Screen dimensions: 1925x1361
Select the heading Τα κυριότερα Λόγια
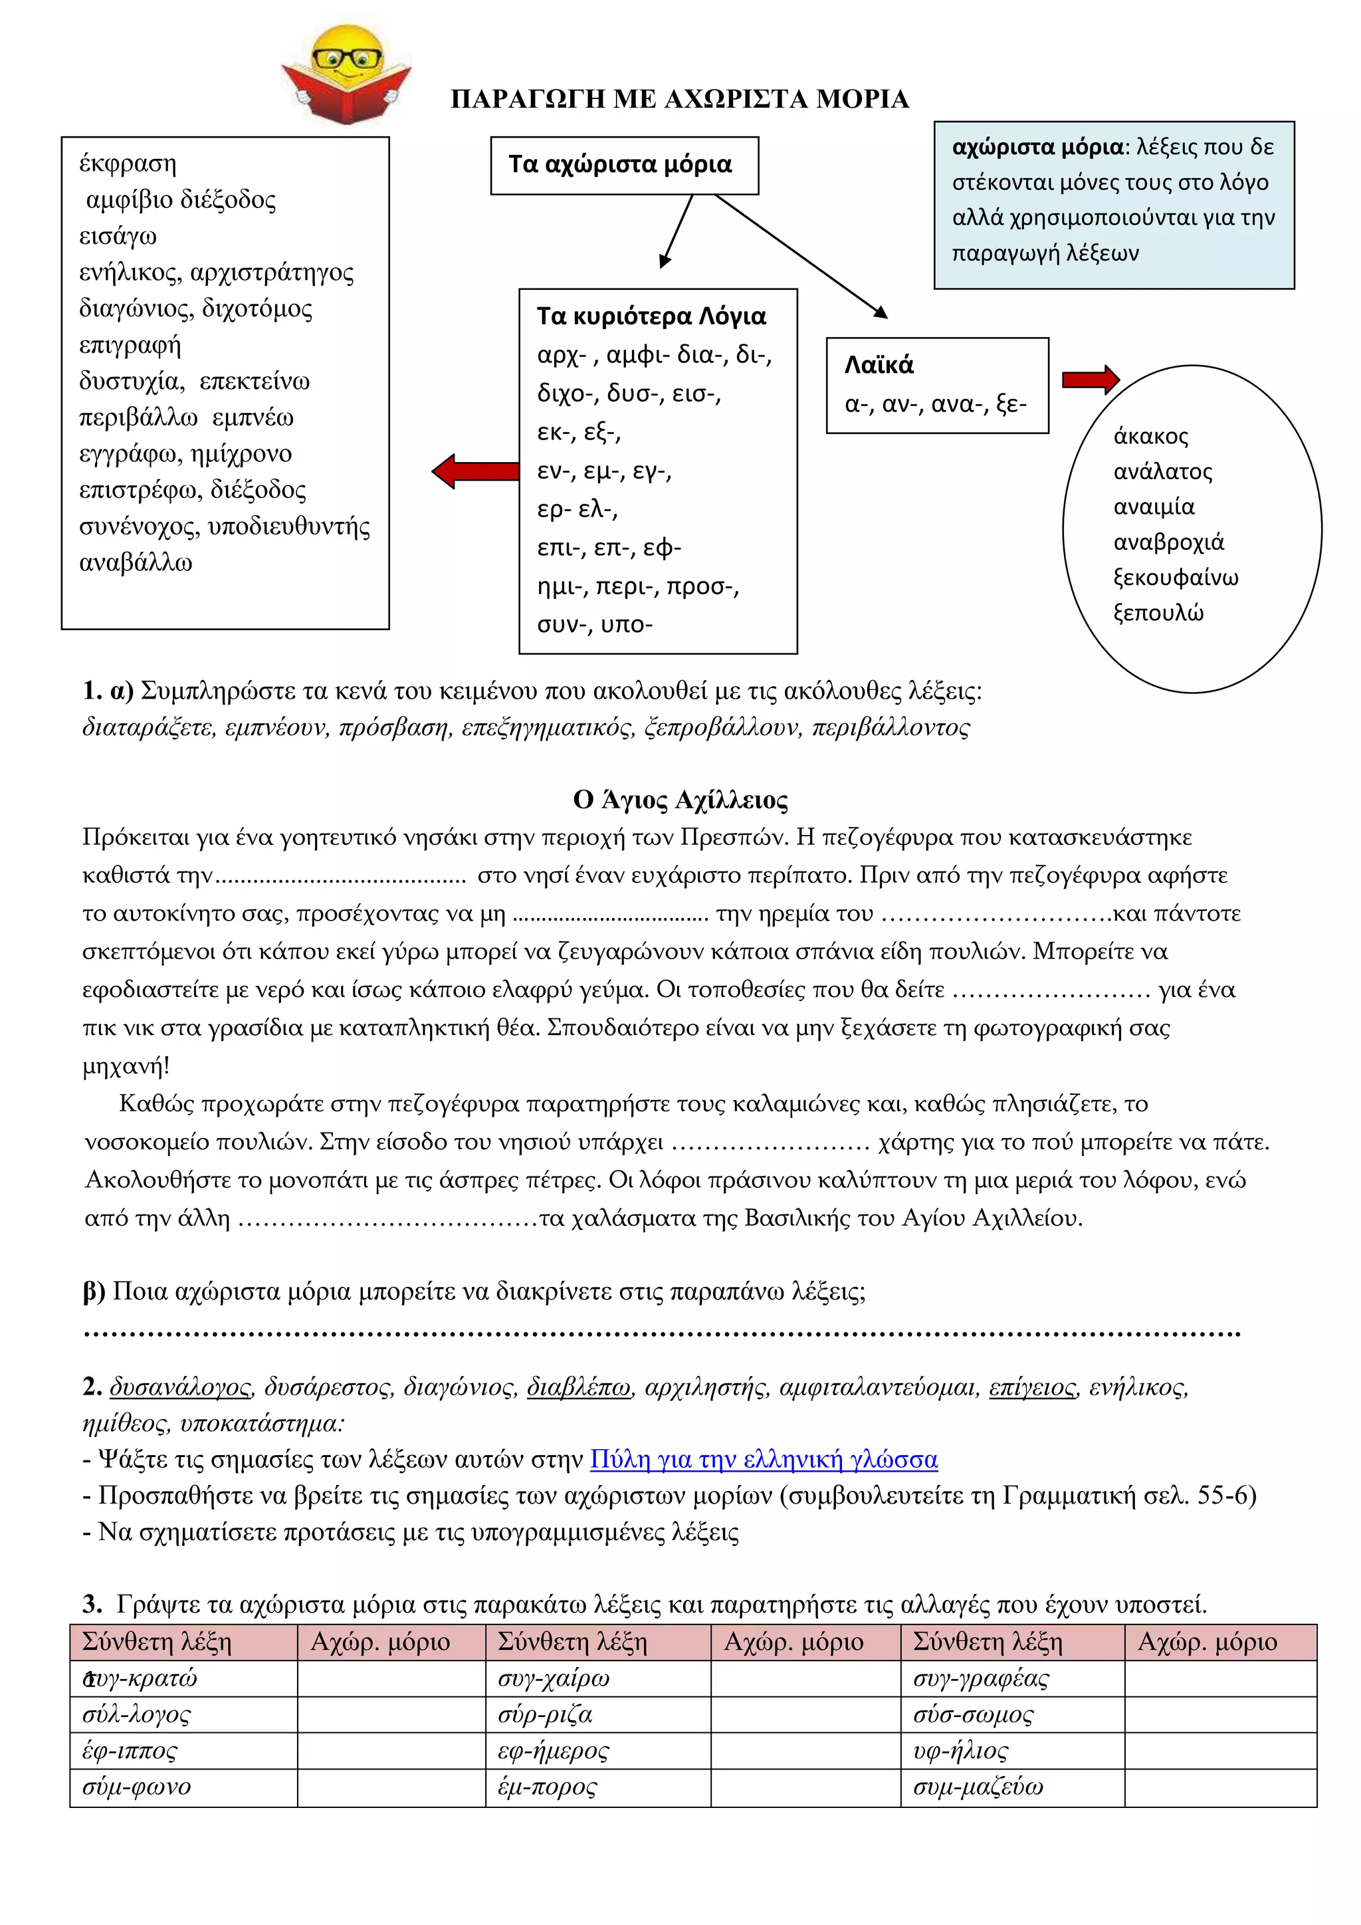tap(651, 316)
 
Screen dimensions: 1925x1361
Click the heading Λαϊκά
tap(879, 365)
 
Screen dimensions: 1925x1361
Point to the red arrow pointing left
tap(475, 471)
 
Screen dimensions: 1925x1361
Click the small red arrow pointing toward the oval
tap(1089, 380)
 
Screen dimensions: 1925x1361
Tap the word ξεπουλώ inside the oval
tap(1158, 613)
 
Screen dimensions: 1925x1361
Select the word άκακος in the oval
tap(1150, 436)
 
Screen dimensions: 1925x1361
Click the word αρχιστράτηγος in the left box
tap(272, 273)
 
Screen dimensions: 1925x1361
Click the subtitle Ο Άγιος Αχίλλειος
tap(680, 800)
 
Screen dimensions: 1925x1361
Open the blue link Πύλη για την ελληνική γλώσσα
tap(764, 1460)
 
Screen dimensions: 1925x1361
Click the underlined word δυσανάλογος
tap(180, 1387)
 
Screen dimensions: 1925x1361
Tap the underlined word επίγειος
tap(1031, 1387)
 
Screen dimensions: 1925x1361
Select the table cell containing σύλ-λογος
tap(183, 1714)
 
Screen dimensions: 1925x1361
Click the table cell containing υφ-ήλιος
tap(1011, 1751)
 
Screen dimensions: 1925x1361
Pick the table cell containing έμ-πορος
tap(597, 1787)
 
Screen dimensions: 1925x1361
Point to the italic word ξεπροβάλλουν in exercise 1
tap(722, 727)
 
